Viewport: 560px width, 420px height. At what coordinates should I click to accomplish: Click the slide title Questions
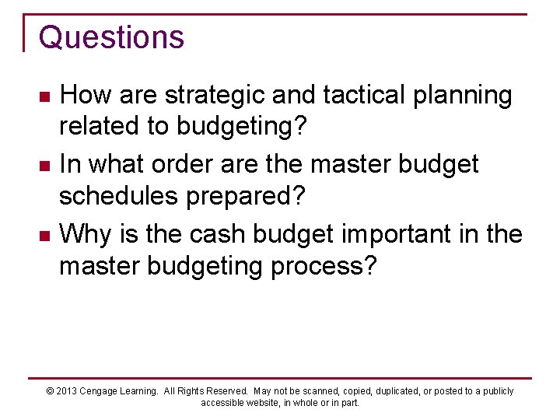pos(111,37)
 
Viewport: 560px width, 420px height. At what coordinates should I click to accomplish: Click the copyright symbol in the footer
pos(51,391)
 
